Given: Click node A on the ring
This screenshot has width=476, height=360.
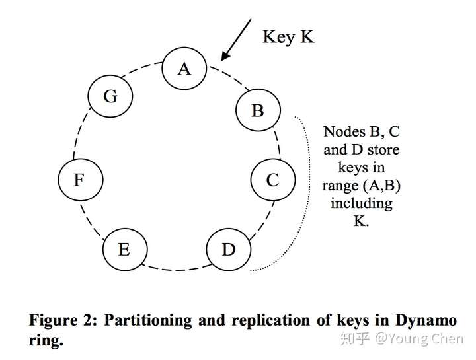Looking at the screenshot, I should click(184, 69).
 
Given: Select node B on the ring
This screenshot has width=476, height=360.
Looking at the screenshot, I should click(258, 111).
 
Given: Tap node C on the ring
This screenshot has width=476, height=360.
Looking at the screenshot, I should click(272, 180).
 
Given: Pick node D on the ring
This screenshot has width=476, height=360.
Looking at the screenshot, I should click(229, 250).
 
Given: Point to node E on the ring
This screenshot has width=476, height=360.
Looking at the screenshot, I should click(124, 250).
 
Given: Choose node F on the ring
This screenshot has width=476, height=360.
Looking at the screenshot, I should click(79, 180).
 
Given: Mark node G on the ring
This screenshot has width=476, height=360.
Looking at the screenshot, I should click(110, 96).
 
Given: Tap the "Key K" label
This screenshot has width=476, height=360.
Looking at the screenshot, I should click(288, 36).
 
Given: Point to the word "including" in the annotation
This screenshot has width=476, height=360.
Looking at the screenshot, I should click(362, 203).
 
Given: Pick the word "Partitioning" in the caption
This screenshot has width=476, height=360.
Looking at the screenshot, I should click(149, 321).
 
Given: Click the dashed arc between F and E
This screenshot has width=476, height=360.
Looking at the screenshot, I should click(91, 217).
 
